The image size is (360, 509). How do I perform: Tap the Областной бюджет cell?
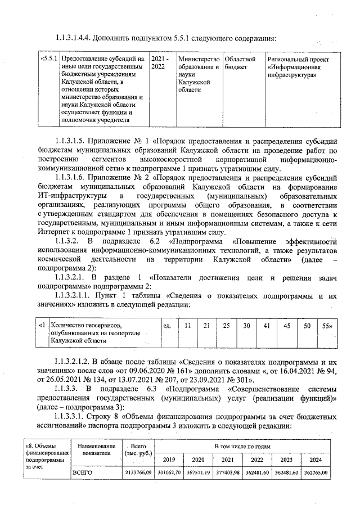(x=240, y=62)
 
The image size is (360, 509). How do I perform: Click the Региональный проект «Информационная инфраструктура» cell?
(x=298, y=66)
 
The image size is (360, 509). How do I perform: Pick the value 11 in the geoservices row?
(x=188, y=326)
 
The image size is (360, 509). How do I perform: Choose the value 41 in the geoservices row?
(x=267, y=326)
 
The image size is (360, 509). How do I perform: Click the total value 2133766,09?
(x=138, y=473)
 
